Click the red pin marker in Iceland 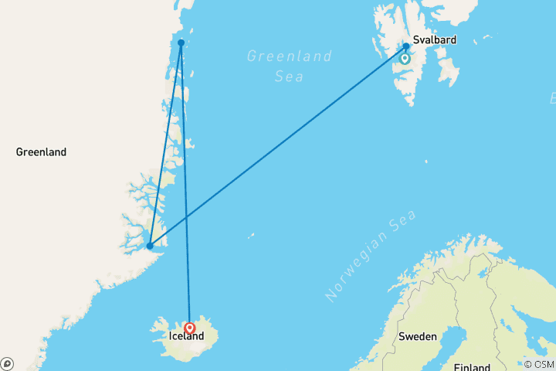[189, 328]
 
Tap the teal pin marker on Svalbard [405, 58]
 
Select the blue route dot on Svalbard [406, 46]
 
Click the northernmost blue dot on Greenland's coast [181, 43]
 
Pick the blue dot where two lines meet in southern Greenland [150, 246]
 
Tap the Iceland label [187, 336]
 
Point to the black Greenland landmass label [41, 152]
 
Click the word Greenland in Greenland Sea [290, 56]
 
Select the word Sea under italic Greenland [290, 77]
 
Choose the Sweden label [418, 336]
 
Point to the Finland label [473, 366]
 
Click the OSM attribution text [540, 364]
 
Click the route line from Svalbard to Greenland [278, 146]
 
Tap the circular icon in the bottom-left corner [7, 363]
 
